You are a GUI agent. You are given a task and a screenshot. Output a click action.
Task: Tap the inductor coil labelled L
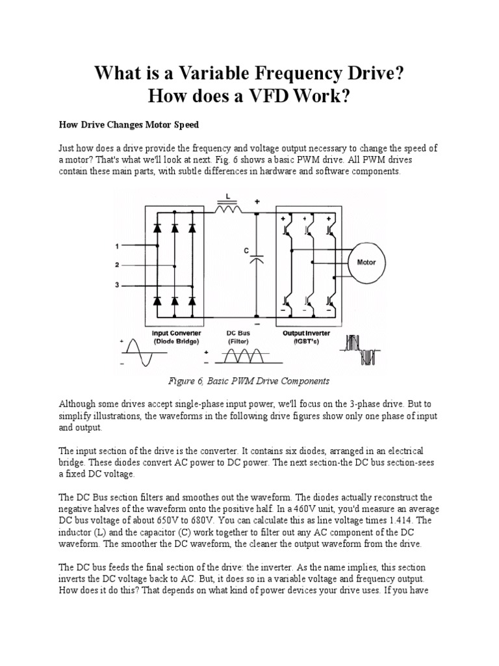coord(226,209)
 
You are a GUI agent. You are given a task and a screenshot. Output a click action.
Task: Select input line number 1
coord(117,246)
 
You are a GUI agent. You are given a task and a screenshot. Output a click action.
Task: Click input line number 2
coord(117,265)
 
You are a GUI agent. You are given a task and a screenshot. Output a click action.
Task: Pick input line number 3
coord(117,284)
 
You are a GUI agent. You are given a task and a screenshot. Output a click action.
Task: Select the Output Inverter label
coord(306,333)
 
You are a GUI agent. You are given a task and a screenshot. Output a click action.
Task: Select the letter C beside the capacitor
coord(246,249)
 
